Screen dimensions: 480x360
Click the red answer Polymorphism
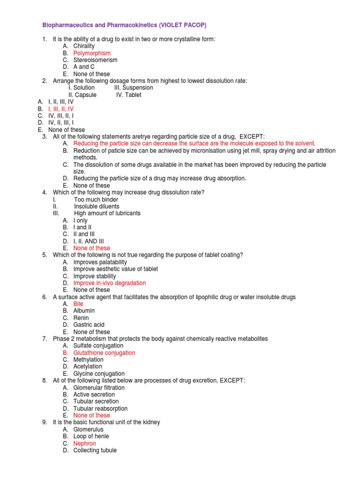pyautogui.click(x=92, y=53)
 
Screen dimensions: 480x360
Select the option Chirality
pyautogui.click(x=84, y=46)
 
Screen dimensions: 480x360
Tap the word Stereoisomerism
pyautogui.click(x=95, y=60)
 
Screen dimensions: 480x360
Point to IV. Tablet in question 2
pyautogui.click(x=128, y=95)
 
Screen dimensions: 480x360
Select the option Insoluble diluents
pyautogui.click(x=97, y=206)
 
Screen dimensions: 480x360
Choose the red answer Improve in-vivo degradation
pyautogui.click(x=109, y=283)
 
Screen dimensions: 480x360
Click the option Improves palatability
pyautogui.click(x=100, y=262)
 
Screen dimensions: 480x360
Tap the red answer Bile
pyautogui.click(x=78, y=304)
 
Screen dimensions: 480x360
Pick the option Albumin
pyautogui.click(x=84, y=311)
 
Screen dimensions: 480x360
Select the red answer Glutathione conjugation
pyautogui.click(x=104, y=352)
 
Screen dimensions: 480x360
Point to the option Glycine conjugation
pyautogui.click(x=99, y=374)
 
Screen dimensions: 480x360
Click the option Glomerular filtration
pyautogui.click(x=99, y=388)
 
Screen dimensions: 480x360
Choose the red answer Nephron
pyautogui.click(x=84, y=443)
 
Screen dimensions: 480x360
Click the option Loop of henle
pyautogui.click(x=91, y=436)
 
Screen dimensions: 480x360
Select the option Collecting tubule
pyautogui.click(x=95, y=450)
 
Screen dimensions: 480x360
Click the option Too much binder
pyautogui.click(x=96, y=200)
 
